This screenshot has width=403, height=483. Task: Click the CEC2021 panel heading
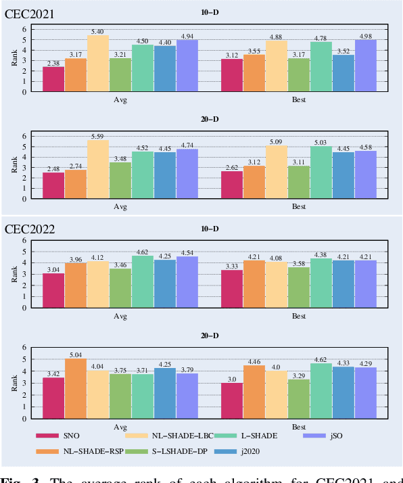click(x=32, y=13)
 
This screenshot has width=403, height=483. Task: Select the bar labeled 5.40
click(x=98, y=64)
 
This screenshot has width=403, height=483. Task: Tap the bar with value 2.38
click(x=53, y=79)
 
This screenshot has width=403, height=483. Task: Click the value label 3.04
click(x=53, y=269)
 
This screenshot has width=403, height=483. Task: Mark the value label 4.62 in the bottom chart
click(x=321, y=359)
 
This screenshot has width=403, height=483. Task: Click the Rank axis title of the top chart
click(x=14, y=60)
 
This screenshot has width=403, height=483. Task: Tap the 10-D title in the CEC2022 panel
click(x=209, y=229)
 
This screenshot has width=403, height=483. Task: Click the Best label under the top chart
click(x=299, y=98)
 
